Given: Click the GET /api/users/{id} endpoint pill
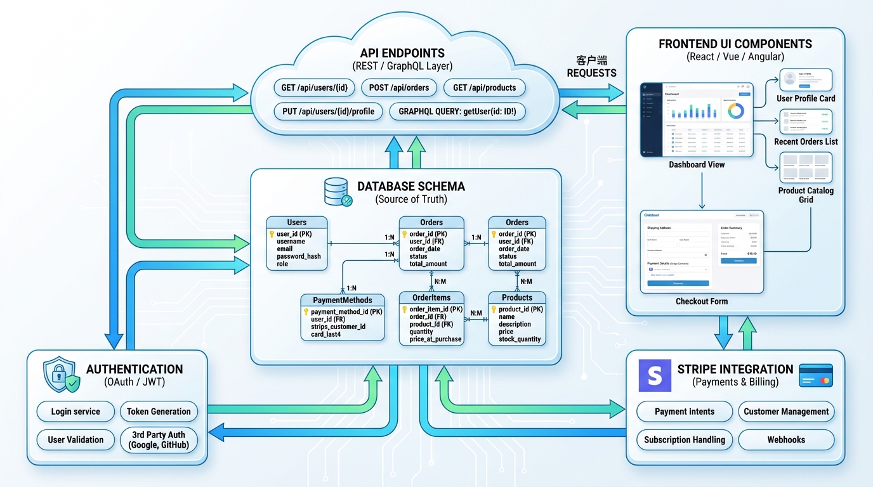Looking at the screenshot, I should click(314, 88).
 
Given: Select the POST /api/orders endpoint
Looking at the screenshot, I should click(398, 88).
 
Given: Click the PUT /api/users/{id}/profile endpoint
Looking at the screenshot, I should click(328, 112).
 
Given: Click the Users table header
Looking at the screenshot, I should click(296, 223).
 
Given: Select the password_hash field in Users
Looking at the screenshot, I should click(298, 256).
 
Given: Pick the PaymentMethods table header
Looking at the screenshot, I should click(342, 300).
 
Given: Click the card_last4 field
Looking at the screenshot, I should click(325, 334).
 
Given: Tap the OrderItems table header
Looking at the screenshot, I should click(431, 297).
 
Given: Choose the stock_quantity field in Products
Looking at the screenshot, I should click(520, 339).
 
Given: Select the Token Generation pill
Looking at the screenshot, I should click(159, 412).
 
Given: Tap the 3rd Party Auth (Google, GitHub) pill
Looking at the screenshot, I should click(159, 439).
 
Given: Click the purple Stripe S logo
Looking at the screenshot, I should click(654, 375).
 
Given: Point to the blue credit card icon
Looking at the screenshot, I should click(816, 375).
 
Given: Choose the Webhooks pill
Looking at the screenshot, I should click(786, 439).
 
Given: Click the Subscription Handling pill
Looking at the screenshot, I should click(685, 439).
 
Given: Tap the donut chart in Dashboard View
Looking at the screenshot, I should click(736, 111).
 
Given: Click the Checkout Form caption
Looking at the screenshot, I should click(702, 301).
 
